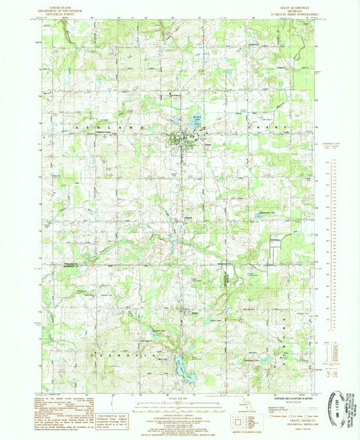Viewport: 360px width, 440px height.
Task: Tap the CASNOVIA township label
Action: [128, 351]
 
